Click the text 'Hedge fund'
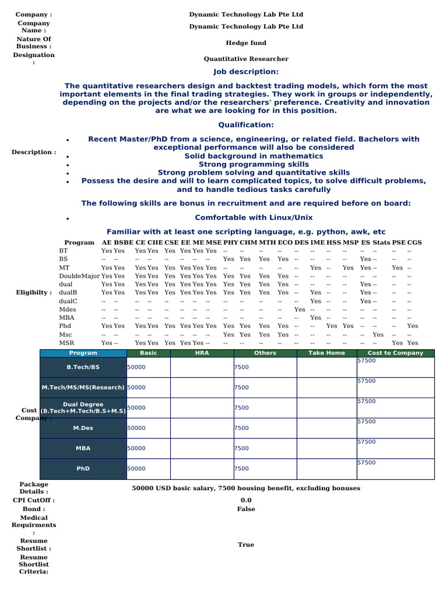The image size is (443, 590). (246, 43)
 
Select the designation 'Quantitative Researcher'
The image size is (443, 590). (246, 59)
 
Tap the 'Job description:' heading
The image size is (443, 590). (246, 71)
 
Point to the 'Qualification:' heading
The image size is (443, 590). (246, 125)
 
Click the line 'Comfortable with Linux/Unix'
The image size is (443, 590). (254, 217)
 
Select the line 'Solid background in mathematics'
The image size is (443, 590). (254, 156)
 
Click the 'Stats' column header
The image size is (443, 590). (381, 243)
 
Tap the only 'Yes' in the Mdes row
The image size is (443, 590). (300, 309)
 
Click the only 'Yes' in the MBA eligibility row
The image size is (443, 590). (316, 317)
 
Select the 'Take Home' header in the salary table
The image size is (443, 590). (326, 353)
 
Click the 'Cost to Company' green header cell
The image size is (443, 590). (395, 353)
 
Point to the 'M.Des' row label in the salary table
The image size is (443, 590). (83, 428)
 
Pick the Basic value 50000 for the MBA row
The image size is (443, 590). (136, 448)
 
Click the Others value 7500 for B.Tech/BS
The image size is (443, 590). (242, 368)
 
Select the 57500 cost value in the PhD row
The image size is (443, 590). (366, 462)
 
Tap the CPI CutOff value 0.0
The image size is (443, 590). (246, 501)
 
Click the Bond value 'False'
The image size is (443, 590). (246, 509)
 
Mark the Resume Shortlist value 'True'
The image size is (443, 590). (246, 544)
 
